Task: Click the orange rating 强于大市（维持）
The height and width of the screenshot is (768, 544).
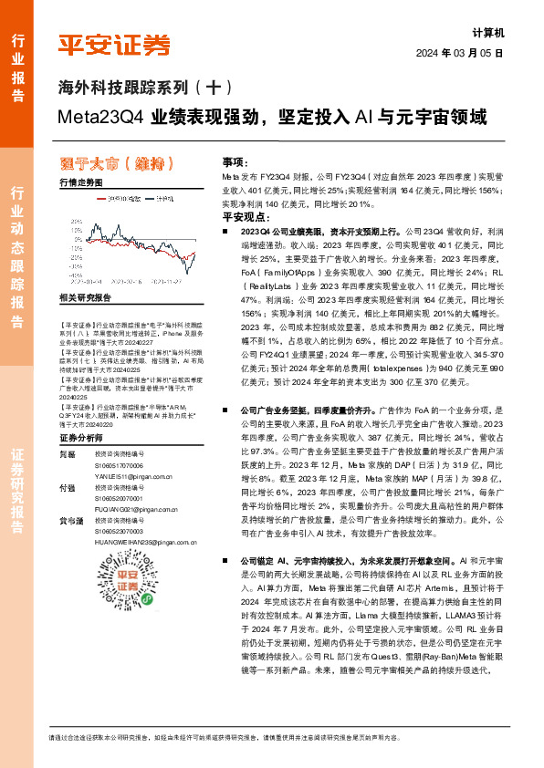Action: click(111, 163)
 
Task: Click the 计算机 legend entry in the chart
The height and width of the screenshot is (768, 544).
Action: click(164, 197)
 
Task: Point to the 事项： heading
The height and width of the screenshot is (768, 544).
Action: click(235, 160)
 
